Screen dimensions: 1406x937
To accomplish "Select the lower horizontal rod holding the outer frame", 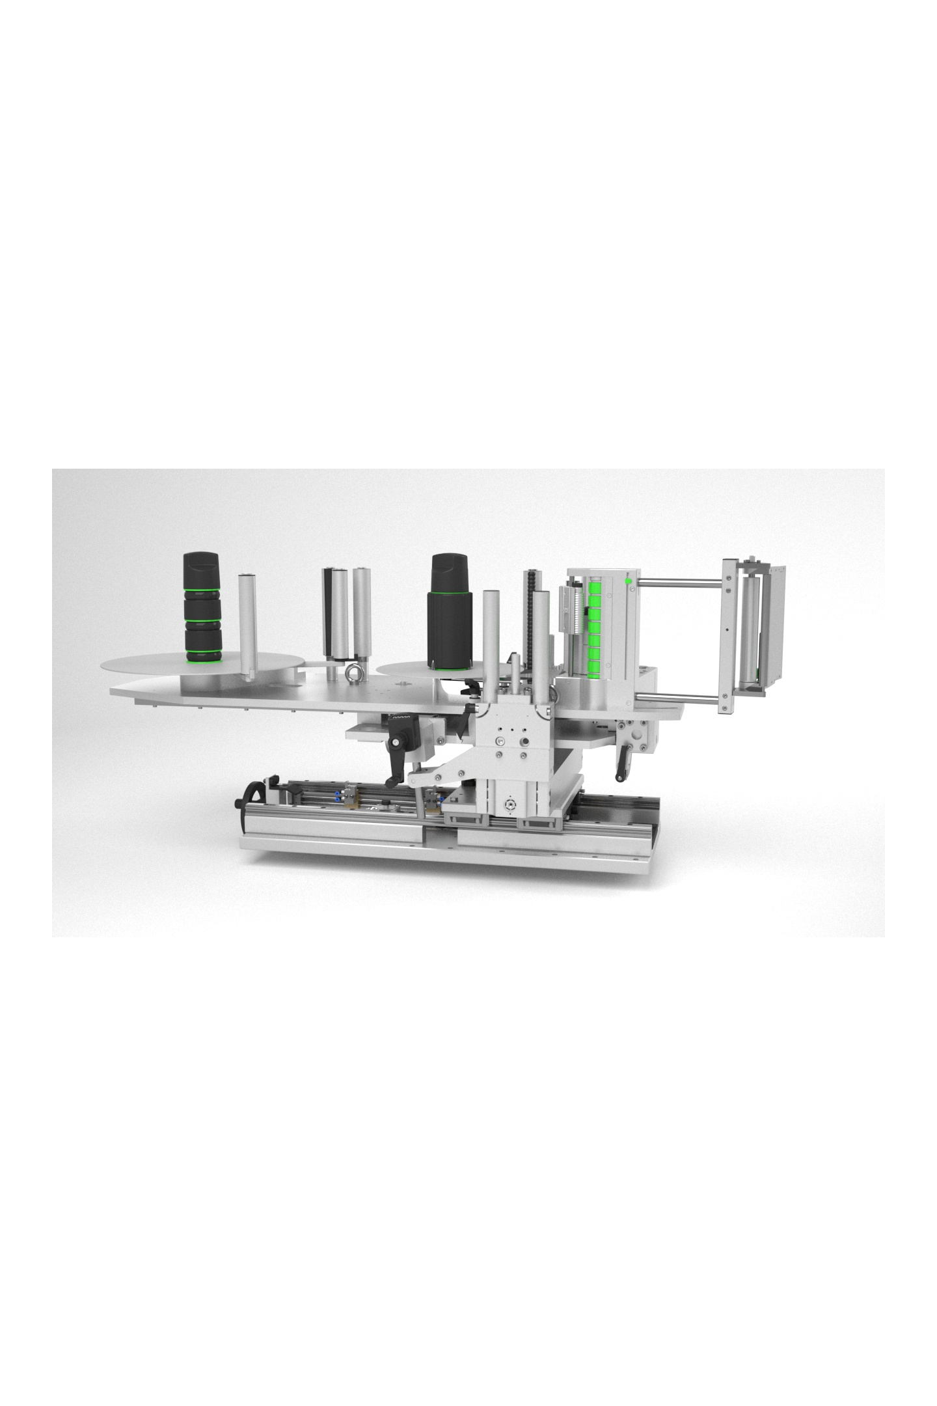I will (680, 700).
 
